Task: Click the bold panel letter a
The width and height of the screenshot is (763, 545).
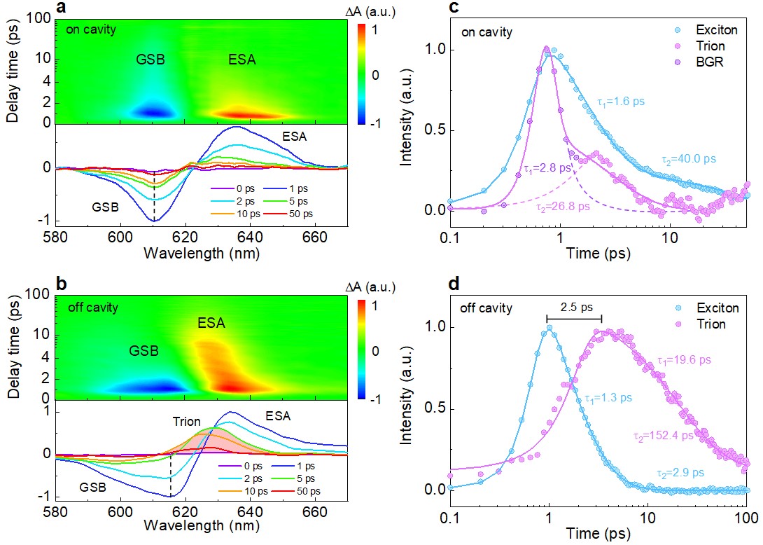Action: [61, 8]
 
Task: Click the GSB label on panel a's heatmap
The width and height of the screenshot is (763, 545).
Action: [151, 60]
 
